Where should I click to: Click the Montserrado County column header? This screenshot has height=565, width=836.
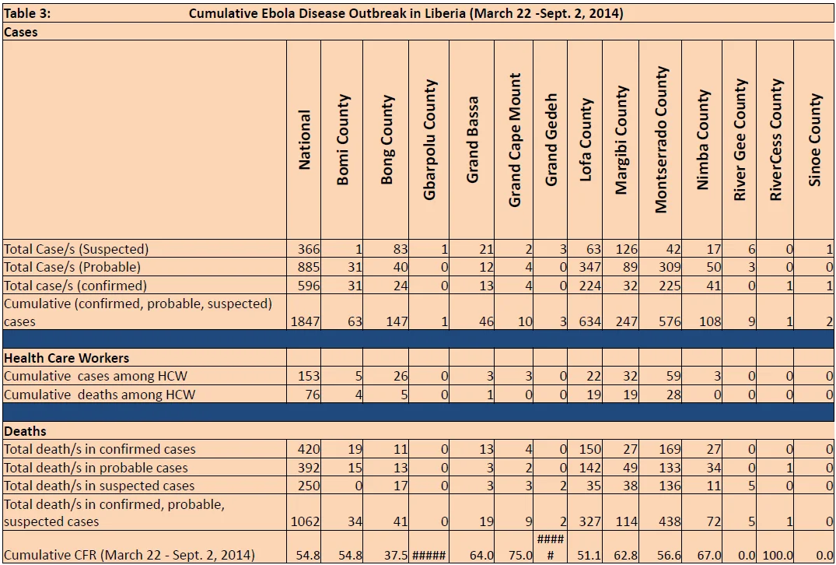click(660, 140)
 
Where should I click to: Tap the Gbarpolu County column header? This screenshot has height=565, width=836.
click(429, 140)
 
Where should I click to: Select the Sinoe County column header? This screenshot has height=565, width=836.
click(815, 140)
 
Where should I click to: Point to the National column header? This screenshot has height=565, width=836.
click(304, 140)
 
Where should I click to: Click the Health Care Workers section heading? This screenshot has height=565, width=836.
click(67, 358)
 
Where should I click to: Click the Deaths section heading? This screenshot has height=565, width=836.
click(25, 431)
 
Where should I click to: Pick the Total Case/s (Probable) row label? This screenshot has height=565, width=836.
click(72, 267)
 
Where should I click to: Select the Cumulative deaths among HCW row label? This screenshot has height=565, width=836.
click(100, 395)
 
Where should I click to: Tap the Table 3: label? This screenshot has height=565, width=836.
click(27, 13)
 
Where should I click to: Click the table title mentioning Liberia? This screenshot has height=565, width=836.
click(406, 13)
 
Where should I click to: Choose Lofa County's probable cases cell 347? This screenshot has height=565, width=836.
click(589, 267)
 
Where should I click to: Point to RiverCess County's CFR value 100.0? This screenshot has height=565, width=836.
click(778, 556)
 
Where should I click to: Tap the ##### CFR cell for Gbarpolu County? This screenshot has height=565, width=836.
click(428, 556)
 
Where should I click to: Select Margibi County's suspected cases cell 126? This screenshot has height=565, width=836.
click(627, 249)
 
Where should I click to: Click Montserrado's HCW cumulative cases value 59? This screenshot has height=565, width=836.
click(673, 376)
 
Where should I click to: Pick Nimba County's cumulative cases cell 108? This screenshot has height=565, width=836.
click(710, 321)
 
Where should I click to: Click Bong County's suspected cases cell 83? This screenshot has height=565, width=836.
click(401, 249)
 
